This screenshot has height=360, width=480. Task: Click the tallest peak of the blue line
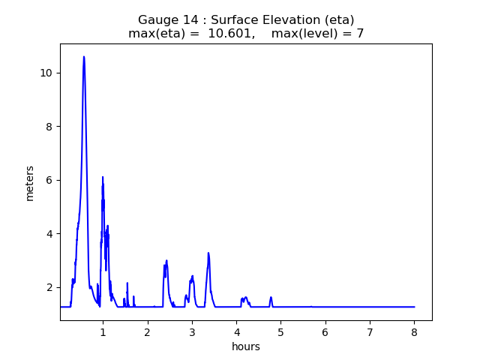coord(84,57)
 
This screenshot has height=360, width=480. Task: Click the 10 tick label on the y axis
coord(46,73)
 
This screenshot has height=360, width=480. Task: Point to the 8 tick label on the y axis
coord(49,127)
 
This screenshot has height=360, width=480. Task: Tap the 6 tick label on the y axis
coord(49,180)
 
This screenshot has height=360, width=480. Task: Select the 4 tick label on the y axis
coord(49,234)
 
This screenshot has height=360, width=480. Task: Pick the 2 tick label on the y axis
coord(49,287)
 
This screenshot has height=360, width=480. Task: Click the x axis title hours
coord(246,346)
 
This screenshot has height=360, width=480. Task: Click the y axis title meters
coord(30,183)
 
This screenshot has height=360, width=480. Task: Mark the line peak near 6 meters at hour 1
coord(103,178)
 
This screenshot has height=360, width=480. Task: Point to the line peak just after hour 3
coord(208,253)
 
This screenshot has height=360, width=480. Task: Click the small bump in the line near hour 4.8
coord(271,298)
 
